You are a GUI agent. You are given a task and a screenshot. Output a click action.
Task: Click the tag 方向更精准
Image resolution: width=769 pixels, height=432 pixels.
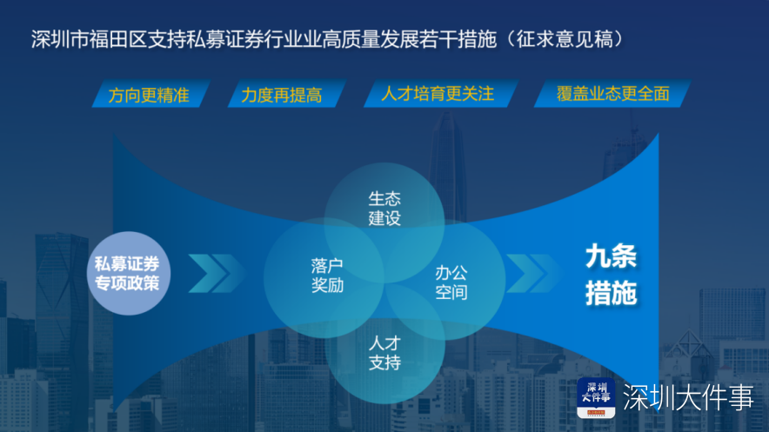pyautogui.click(x=150, y=94)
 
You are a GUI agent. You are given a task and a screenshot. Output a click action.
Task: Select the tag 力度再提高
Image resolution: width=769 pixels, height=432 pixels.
pyautogui.click(x=286, y=94)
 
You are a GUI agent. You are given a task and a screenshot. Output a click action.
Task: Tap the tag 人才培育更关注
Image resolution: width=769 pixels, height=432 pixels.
pyautogui.click(x=440, y=94)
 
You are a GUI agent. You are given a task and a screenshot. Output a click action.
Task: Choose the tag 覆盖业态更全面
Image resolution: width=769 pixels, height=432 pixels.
pyautogui.click(x=612, y=94)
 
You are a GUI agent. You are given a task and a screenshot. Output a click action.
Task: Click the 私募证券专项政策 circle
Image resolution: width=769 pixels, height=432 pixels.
pyautogui.click(x=129, y=273)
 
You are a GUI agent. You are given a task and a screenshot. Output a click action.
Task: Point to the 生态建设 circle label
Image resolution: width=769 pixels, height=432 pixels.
pyautogui.click(x=384, y=208)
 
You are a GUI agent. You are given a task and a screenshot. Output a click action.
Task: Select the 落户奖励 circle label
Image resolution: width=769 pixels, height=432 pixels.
pyautogui.click(x=327, y=276)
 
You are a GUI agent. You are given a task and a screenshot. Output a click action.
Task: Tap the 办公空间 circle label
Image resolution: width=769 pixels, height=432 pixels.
pyautogui.click(x=451, y=282)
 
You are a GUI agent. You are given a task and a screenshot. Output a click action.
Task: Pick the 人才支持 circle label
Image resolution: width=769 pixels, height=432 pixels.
pyautogui.click(x=384, y=353)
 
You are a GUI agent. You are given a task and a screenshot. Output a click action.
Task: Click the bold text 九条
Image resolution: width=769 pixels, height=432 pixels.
pyautogui.click(x=611, y=256)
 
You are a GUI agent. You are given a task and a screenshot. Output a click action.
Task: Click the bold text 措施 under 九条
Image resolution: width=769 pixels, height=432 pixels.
pyautogui.click(x=611, y=293)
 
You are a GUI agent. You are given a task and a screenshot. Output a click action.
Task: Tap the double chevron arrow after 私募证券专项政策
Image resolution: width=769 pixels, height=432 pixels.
pyautogui.click(x=217, y=273)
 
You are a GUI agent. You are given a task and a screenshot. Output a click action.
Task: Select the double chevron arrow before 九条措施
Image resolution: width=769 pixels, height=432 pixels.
pyautogui.click(x=533, y=273)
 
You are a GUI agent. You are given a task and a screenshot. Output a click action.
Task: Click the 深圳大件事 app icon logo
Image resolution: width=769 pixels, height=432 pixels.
pyautogui.click(x=596, y=398)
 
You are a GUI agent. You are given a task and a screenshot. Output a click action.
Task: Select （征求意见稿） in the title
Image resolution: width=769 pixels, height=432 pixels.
pyautogui.click(x=564, y=39)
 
